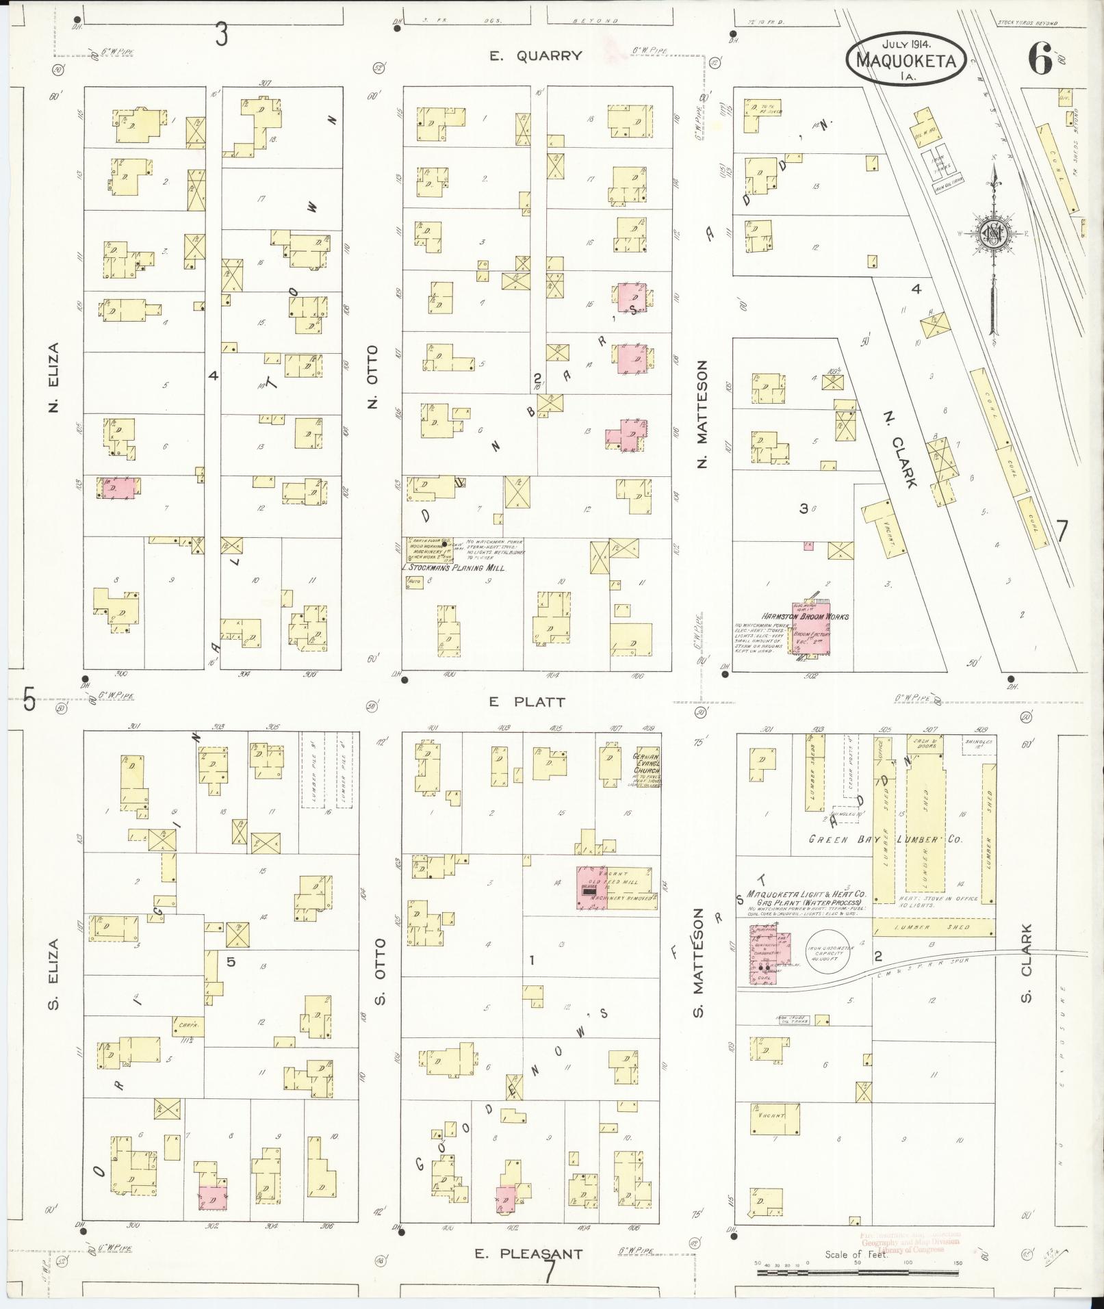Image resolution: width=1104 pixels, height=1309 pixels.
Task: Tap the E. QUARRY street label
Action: tap(536, 56)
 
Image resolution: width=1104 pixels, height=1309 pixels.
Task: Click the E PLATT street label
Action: tap(526, 702)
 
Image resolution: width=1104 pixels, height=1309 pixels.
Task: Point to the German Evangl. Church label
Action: tap(646, 767)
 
